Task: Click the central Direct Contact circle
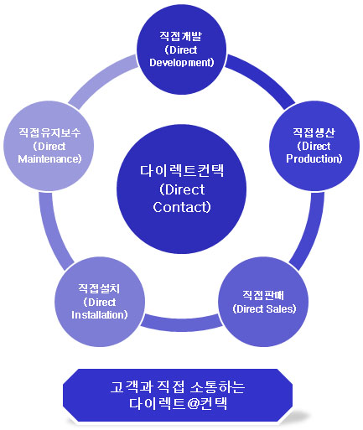click(181, 189)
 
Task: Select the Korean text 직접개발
click(180, 36)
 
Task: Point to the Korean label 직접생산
click(314, 132)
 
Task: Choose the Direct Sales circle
click(263, 302)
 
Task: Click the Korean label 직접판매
click(263, 295)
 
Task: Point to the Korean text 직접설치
click(99, 288)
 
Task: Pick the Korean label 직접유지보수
click(49, 132)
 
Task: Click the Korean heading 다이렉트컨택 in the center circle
click(182, 170)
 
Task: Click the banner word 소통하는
click(218, 387)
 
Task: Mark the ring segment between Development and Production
click(262, 79)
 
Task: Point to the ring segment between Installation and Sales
click(182, 324)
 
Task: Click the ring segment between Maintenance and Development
click(101, 79)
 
